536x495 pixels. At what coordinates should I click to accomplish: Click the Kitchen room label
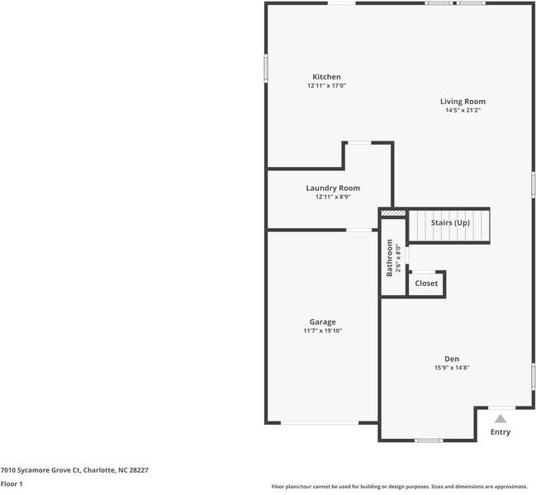point(326,77)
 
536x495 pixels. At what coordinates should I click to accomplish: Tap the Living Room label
point(462,102)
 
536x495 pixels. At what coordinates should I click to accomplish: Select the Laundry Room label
point(333,188)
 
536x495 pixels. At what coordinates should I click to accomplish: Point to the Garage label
point(322,322)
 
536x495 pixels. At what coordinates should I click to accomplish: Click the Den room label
point(452,359)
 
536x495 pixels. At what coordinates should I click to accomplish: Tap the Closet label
point(426,283)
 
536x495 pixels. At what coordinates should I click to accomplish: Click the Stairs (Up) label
point(450,222)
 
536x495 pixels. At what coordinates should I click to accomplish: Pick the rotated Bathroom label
point(389,258)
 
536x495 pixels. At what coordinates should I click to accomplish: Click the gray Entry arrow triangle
point(500,419)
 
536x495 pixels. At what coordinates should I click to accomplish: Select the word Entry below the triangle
point(500,432)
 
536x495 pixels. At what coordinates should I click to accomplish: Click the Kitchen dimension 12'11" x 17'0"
point(326,85)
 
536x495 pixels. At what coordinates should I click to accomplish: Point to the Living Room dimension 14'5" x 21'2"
point(462,110)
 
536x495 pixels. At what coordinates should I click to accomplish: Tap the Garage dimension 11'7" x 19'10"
point(322,331)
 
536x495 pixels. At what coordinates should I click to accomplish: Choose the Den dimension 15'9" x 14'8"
point(452,368)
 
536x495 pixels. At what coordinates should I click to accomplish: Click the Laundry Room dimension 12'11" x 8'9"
point(333,197)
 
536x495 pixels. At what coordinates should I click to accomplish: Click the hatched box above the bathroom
point(393,213)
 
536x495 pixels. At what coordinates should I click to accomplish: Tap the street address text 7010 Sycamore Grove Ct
point(41,470)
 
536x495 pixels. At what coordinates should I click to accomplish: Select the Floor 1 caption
point(12,484)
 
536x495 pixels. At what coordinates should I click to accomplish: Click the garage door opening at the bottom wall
point(320,423)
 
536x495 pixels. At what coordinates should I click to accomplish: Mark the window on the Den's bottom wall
point(429,440)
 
